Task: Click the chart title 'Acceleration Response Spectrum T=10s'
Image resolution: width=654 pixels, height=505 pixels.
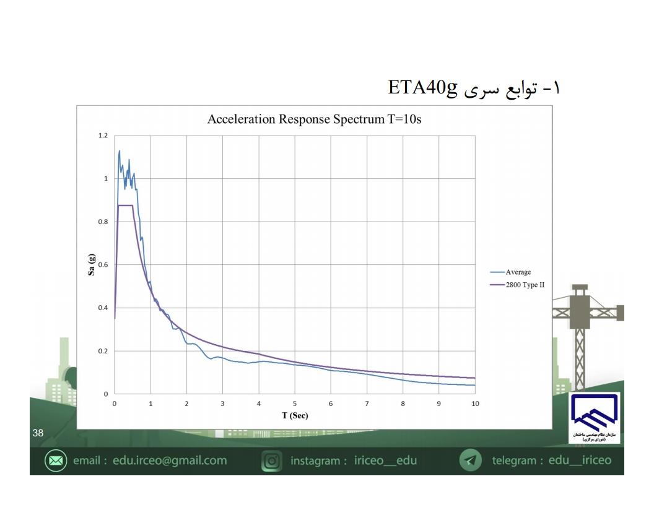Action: (x=314, y=119)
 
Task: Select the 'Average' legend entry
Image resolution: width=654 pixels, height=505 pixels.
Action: (x=511, y=272)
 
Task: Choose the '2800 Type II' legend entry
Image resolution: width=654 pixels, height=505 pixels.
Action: (x=518, y=285)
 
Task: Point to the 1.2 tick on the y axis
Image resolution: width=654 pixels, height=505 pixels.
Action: (x=103, y=136)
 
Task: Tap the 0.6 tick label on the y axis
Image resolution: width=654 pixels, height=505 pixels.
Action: (x=103, y=265)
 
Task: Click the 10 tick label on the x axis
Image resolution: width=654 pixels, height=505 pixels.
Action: (x=475, y=404)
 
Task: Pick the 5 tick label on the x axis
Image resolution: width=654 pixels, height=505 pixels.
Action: (x=295, y=404)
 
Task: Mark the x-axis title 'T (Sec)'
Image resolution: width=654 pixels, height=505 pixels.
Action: (x=295, y=415)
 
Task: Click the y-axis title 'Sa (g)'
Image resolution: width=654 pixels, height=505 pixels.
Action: (x=91, y=265)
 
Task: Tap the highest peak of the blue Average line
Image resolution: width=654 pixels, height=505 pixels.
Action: (x=120, y=151)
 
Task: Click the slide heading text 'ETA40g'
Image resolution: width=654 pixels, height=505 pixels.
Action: (x=422, y=87)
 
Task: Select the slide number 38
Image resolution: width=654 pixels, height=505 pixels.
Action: (x=38, y=433)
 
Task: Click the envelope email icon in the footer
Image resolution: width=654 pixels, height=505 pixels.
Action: (x=56, y=460)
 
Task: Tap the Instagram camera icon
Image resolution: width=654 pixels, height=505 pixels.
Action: (x=272, y=461)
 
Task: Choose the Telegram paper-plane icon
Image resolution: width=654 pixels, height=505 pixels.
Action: (x=471, y=460)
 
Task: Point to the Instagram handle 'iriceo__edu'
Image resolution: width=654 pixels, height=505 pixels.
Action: (x=385, y=460)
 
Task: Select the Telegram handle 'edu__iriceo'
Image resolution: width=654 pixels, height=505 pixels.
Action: (x=580, y=460)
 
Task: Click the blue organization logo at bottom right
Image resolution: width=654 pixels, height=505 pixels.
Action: (x=594, y=418)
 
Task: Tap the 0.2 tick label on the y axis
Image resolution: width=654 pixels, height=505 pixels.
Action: (x=103, y=351)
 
